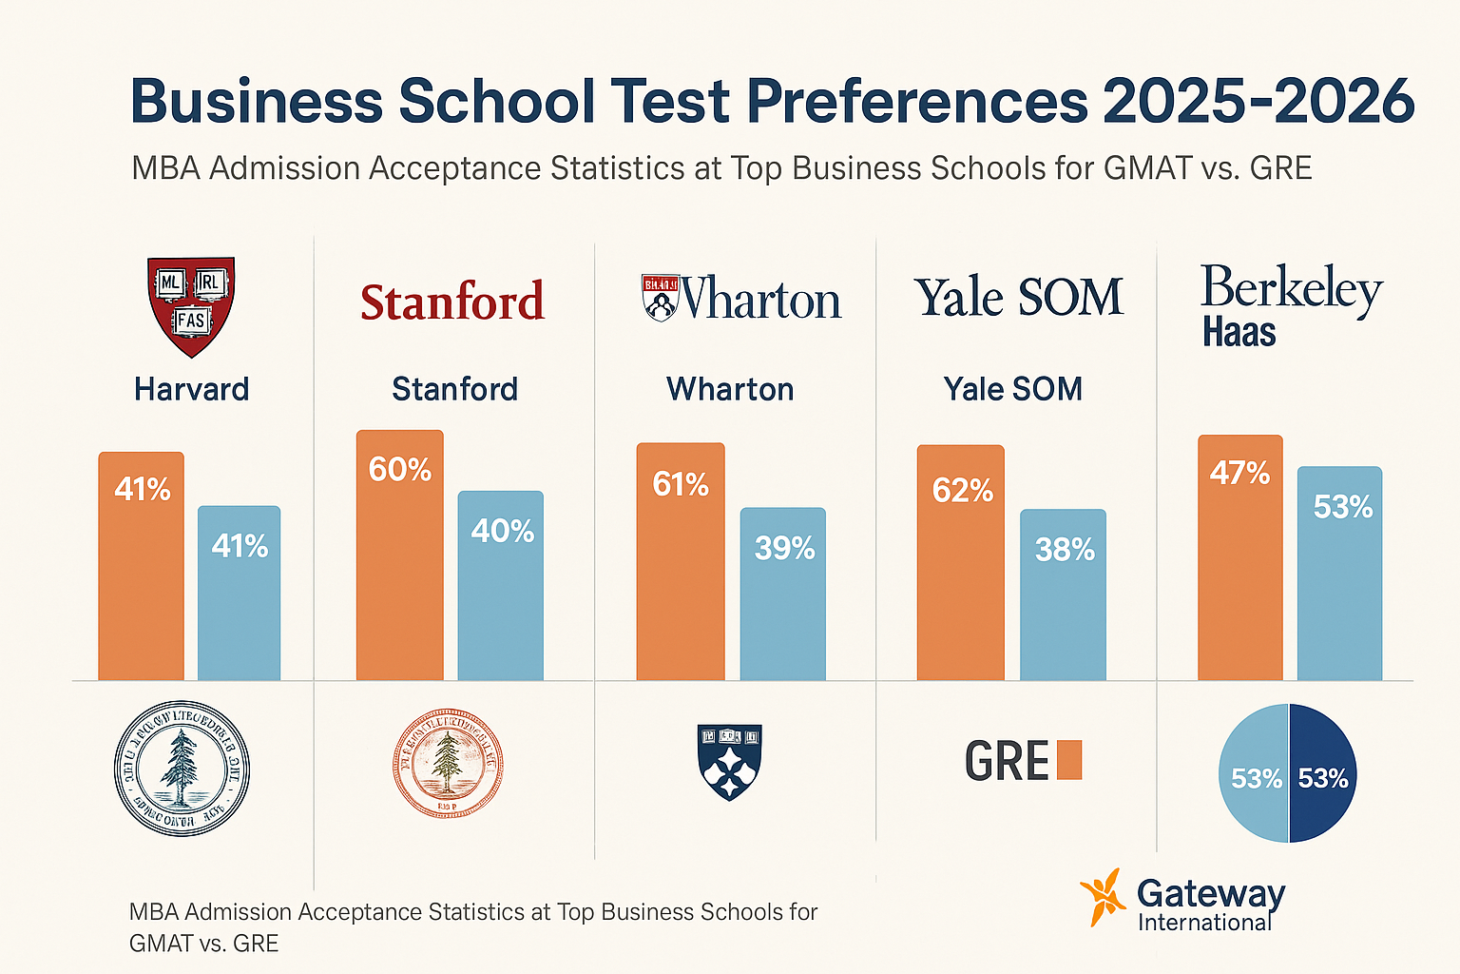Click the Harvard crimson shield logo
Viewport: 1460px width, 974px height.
click(x=191, y=306)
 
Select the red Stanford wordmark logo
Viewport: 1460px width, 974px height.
click(x=452, y=302)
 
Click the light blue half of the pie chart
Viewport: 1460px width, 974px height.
click(x=1254, y=773)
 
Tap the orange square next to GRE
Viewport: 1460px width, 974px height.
click(x=1069, y=760)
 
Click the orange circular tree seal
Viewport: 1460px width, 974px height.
click(x=447, y=763)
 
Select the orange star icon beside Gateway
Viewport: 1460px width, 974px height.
click(x=1104, y=897)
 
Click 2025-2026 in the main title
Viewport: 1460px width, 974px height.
click(x=1258, y=101)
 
